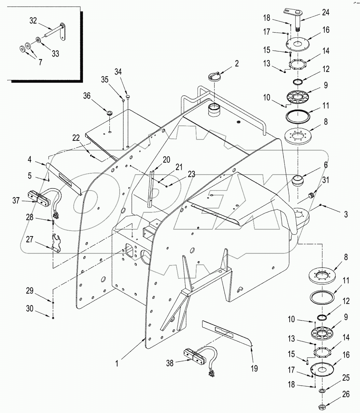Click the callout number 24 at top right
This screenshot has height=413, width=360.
325,12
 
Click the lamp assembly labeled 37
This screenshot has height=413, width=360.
39,198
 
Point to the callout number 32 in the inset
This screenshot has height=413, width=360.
33,21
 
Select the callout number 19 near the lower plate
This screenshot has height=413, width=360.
254,368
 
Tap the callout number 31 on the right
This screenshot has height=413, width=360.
326,179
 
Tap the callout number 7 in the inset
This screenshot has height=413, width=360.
40,62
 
